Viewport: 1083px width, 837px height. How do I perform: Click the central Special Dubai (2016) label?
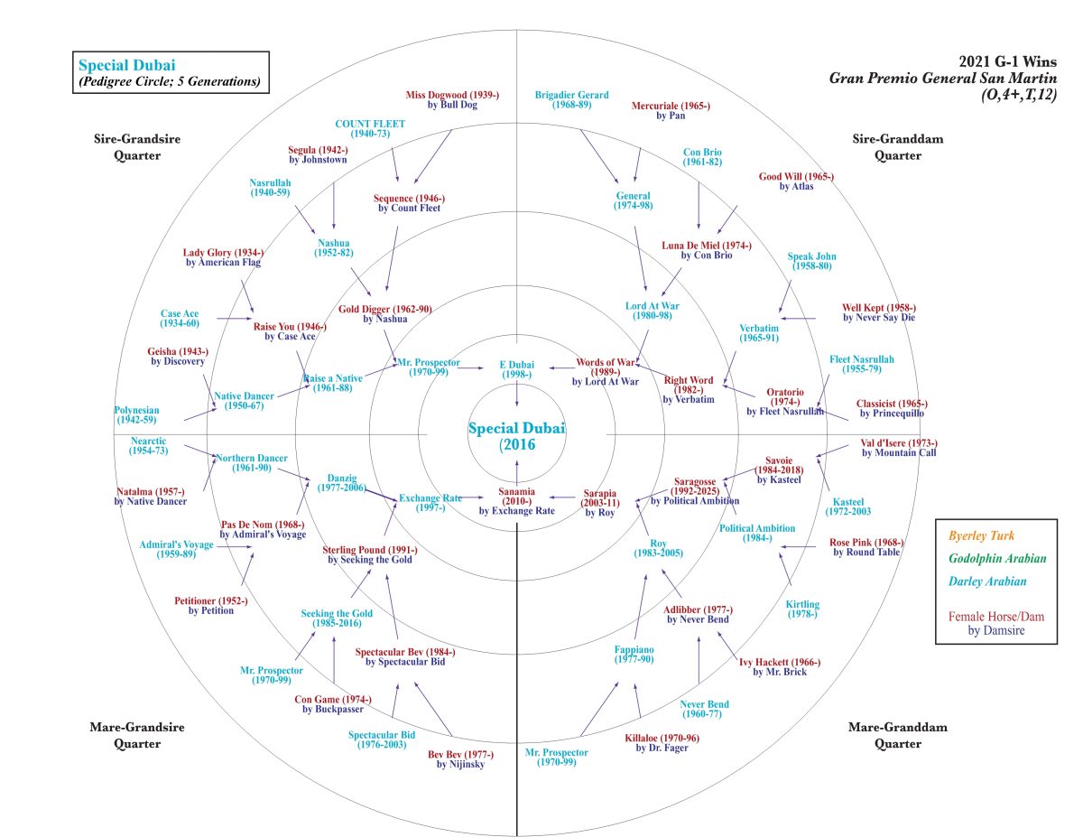pyautogui.click(x=516, y=436)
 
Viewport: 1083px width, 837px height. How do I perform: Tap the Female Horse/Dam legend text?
pyautogui.click(x=995, y=617)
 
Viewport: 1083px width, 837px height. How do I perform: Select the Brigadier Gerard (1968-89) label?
pyautogui.click(x=571, y=99)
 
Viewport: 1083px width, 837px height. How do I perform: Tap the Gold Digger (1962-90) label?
pyautogui.click(x=385, y=313)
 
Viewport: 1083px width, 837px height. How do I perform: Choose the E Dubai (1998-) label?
pyautogui.click(x=516, y=368)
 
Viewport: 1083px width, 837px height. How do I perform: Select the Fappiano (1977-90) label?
pyautogui.click(x=634, y=655)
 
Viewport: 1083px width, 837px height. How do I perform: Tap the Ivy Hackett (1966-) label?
pyautogui.click(x=779, y=666)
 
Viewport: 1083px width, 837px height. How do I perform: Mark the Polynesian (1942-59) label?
pyautogui.click(x=136, y=414)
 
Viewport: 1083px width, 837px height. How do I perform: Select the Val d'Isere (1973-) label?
pyautogui.click(x=899, y=447)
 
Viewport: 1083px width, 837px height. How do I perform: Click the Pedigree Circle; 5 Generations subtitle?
pyautogui.click(x=170, y=82)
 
